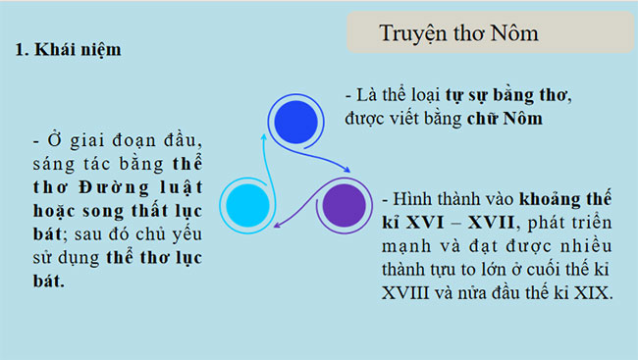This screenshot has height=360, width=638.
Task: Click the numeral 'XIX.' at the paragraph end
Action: [x=593, y=292]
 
